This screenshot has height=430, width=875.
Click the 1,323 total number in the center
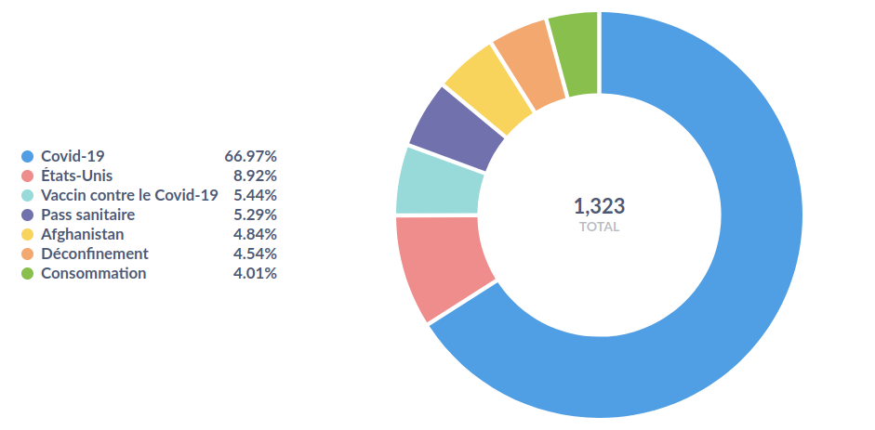point(599,205)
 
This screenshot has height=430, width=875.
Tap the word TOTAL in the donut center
point(599,227)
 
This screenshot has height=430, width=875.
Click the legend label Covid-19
point(73,156)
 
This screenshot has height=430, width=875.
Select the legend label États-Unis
point(77,176)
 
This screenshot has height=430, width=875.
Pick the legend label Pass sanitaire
point(87,215)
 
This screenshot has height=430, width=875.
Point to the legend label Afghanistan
point(82,234)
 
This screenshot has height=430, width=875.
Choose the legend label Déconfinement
point(94,254)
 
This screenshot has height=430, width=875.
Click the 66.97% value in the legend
point(250,156)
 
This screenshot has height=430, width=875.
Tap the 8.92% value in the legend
point(254,176)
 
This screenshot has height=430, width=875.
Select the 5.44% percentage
point(254,195)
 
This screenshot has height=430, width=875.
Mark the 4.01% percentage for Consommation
point(254,273)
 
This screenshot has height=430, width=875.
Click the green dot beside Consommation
point(28,273)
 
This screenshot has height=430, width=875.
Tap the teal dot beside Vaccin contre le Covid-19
point(28,195)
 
